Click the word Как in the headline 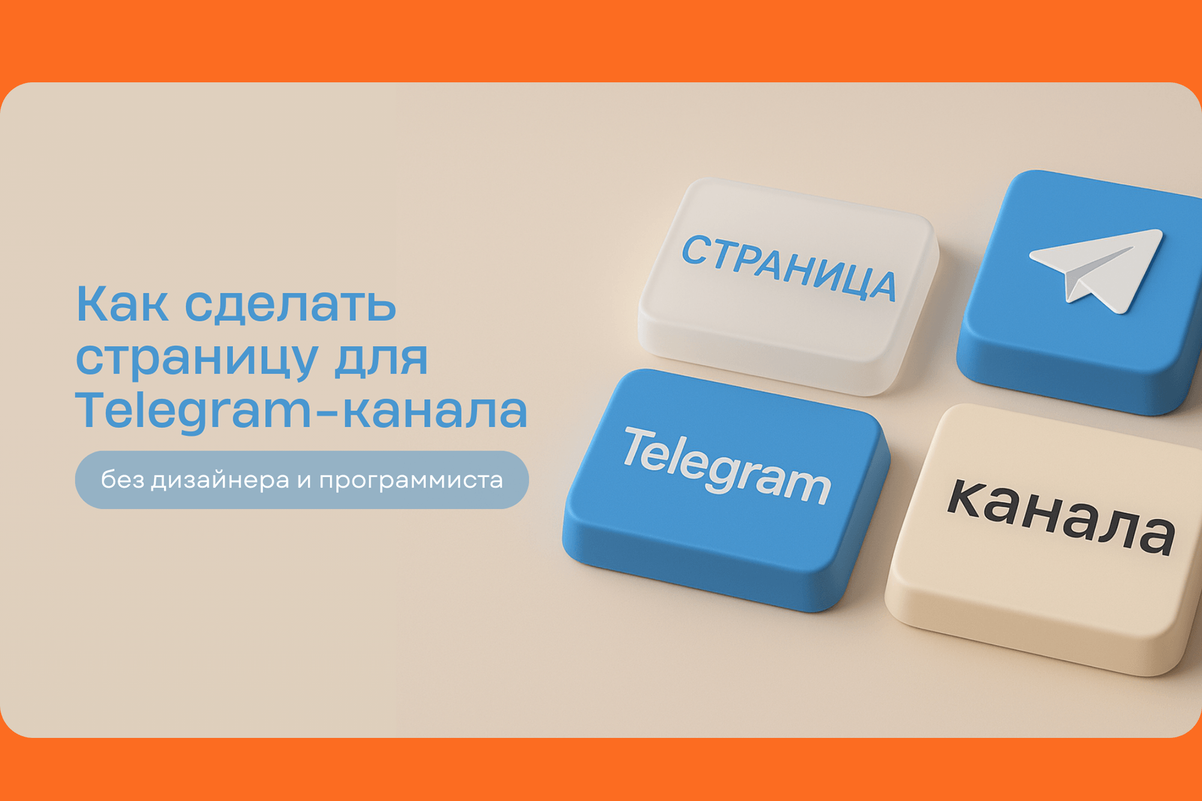pyautogui.click(x=122, y=305)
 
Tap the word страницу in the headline pyautogui.click(x=197, y=359)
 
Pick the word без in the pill pyautogui.click(x=120, y=480)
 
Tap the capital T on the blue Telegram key pyautogui.click(x=639, y=446)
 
